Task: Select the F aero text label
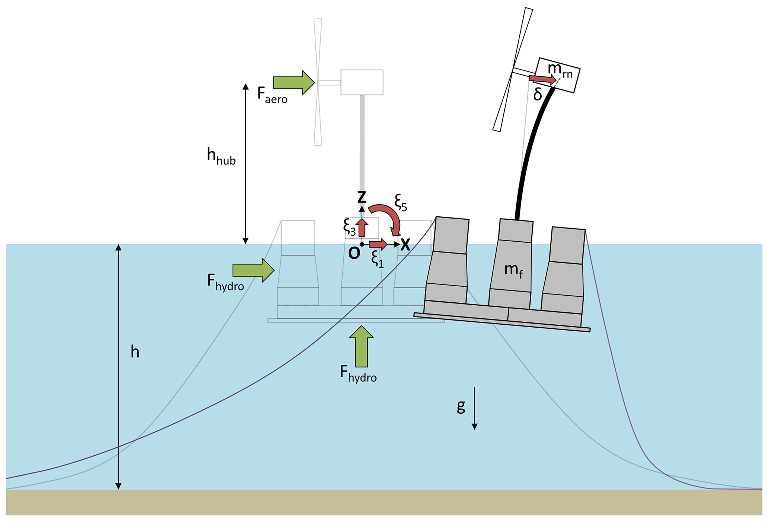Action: [272, 95]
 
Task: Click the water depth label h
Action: [135, 352]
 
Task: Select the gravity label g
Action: [461, 406]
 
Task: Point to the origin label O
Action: [354, 253]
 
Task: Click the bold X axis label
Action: [405, 245]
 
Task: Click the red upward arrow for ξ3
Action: [362, 227]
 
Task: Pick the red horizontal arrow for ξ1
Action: [378, 244]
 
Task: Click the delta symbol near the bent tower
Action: [538, 95]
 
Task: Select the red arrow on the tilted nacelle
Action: [542, 79]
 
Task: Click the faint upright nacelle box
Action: [362, 82]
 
